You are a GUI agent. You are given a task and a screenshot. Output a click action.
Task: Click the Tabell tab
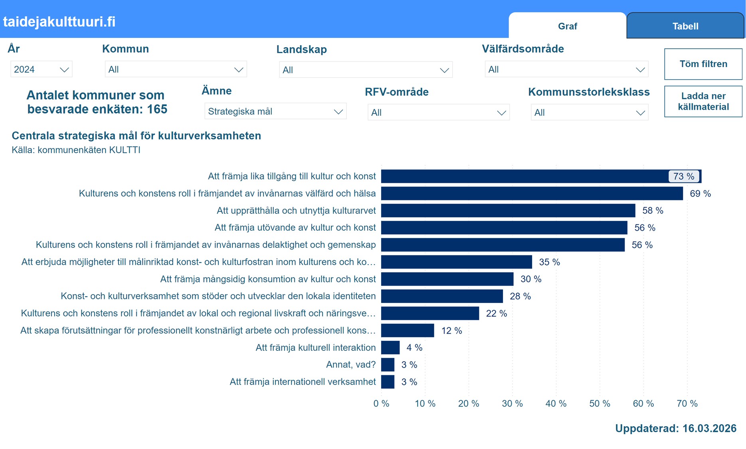coord(685,26)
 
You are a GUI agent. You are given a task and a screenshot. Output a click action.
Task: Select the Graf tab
coord(567,26)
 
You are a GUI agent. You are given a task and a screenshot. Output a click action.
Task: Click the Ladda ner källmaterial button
coord(703,101)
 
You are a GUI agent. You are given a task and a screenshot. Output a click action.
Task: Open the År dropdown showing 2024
coord(41,69)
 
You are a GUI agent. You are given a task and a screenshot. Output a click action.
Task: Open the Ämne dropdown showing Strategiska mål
coord(275,111)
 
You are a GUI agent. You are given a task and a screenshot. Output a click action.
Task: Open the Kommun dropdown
coord(176,69)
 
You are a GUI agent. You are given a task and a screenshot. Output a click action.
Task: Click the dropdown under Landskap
coord(366,70)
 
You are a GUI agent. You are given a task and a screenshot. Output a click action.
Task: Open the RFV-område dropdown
coord(438,113)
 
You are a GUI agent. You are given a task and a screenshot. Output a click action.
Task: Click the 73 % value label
coord(683,176)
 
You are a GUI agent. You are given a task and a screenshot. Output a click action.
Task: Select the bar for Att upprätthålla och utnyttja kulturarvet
coord(508,210)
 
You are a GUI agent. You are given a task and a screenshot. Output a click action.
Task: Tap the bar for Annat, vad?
coord(388,365)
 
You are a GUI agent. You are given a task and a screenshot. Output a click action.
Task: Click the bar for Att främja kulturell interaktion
coord(390,348)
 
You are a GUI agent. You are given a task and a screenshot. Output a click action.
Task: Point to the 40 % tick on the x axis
coord(556,404)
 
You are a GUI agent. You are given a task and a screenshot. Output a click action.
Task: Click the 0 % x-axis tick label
coord(381,404)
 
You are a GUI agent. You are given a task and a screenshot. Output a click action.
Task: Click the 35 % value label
coord(549,262)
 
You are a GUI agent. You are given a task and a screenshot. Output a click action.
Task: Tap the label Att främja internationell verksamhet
coord(303,382)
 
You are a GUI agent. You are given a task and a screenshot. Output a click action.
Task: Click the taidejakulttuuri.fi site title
coord(59,22)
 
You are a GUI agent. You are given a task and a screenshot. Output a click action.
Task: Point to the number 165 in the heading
coord(157,109)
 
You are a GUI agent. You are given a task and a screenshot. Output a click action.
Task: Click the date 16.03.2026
coord(709,428)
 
